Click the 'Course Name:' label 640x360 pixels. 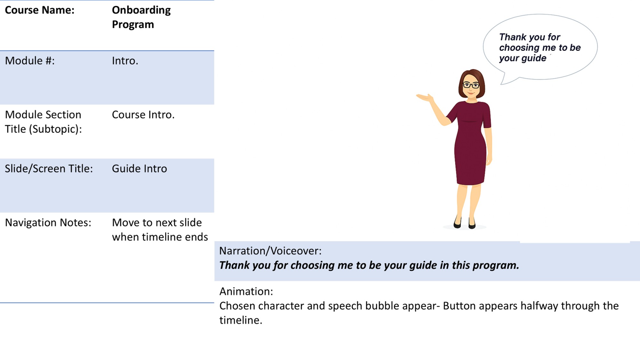(x=39, y=10)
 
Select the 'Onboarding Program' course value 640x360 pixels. (x=141, y=17)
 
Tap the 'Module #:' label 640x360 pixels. (x=30, y=61)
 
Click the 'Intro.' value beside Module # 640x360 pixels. (x=125, y=61)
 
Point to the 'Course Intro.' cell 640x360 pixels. (x=143, y=115)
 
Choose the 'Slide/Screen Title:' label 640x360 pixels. (x=49, y=169)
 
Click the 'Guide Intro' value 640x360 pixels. (x=139, y=169)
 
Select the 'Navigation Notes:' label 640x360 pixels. (x=48, y=223)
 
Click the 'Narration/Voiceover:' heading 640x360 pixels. (x=270, y=251)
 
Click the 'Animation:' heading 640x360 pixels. (x=246, y=292)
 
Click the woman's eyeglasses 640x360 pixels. (x=471, y=85)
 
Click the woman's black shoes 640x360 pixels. (x=465, y=223)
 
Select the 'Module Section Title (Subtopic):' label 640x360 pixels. (x=43, y=122)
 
